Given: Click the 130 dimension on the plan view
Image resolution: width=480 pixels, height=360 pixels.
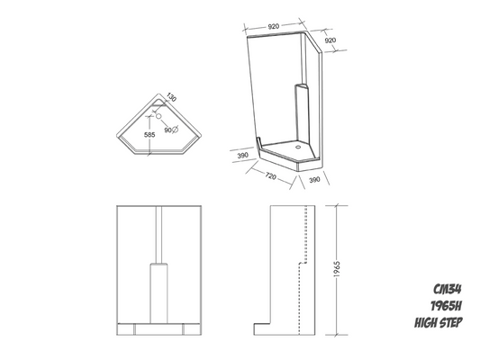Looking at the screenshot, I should click(x=170, y=97).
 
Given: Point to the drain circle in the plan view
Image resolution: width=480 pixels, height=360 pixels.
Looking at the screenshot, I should click(x=157, y=117).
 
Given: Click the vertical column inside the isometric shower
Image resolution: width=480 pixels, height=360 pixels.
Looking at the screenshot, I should click(x=300, y=112).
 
